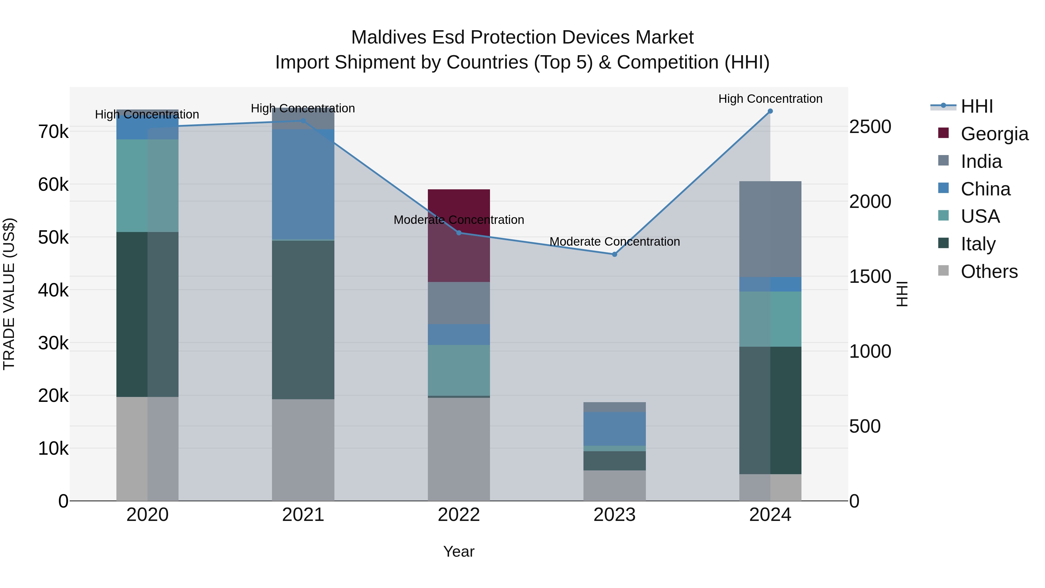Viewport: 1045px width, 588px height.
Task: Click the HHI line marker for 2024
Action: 770,111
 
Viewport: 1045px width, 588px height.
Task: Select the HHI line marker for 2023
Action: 614,254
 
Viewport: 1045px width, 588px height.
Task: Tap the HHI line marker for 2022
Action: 459,233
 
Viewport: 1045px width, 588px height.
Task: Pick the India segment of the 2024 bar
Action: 770,229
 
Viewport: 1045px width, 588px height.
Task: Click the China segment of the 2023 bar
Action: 614,429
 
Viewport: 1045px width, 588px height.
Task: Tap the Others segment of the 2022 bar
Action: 459,449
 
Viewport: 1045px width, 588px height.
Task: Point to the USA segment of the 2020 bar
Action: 147,186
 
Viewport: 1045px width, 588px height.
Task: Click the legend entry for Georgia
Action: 994,134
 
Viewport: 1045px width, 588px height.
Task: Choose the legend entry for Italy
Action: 978,244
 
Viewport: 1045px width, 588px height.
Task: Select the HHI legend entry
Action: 976,106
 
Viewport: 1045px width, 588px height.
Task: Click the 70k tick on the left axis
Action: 53,132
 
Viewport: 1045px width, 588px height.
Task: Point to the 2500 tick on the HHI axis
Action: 870,127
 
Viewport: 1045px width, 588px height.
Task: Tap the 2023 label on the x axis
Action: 614,515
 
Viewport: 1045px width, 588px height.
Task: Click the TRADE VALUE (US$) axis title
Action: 9,294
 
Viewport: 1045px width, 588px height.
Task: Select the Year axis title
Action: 459,551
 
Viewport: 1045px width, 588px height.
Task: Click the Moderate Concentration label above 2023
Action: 614,242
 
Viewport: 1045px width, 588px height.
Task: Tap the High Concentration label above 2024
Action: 770,99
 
